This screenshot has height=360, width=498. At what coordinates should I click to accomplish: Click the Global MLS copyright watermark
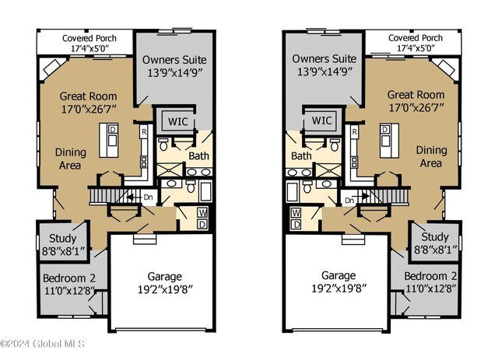tap(42, 344)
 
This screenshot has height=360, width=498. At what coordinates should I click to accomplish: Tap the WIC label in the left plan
tap(178, 121)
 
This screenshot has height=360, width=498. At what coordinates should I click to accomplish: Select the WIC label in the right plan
tap(321, 121)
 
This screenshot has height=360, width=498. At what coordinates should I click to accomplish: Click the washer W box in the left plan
tap(202, 212)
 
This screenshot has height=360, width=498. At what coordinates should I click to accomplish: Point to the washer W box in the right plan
tap(296, 213)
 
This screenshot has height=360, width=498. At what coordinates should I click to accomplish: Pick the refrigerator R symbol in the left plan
tap(144, 131)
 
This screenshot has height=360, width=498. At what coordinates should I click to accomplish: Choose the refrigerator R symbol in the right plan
tap(355, 131)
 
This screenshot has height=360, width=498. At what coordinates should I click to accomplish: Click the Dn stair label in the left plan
tap(148, 197)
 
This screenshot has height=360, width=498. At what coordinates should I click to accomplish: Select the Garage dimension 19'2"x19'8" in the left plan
tap(165, 289)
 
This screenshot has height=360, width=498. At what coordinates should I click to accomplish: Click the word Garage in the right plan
tap(338, 275)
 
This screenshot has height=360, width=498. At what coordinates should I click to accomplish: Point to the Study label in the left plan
tap(62, 238)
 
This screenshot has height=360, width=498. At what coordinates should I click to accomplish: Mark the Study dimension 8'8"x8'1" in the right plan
tap(436, 250)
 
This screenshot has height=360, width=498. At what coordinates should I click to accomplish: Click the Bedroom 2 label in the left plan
tap(69, 278)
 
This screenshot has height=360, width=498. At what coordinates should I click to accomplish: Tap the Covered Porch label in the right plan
tap(416, 38)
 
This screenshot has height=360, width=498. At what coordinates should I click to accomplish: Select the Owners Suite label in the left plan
tap(174, 60)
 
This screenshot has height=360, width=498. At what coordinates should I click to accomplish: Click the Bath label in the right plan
tap(301, 156)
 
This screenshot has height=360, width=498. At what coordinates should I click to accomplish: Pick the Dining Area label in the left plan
tap(71, 159)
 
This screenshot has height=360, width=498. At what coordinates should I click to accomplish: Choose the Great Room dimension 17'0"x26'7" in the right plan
tap(416, 107)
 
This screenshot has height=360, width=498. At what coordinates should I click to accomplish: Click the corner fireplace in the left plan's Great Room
tap(53, 67)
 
